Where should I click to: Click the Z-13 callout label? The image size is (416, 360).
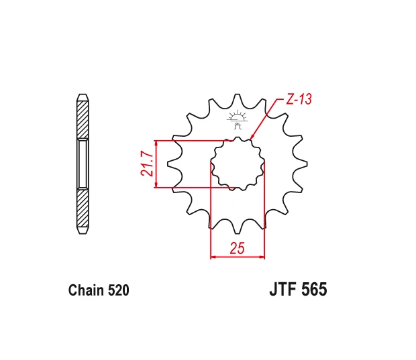[x=299, y=99]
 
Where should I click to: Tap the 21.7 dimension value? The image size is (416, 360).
[x=147, y=164]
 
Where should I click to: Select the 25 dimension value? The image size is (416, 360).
[x=237, y=249]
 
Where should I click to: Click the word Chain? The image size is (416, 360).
[x=86, y=290]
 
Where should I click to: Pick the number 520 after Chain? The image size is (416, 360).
[x=119, y=290]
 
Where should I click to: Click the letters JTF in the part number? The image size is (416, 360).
[x=283, y=289]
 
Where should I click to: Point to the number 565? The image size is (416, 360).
[x=314, y=289]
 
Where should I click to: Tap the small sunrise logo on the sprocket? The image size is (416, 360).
[x=237, y=119]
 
